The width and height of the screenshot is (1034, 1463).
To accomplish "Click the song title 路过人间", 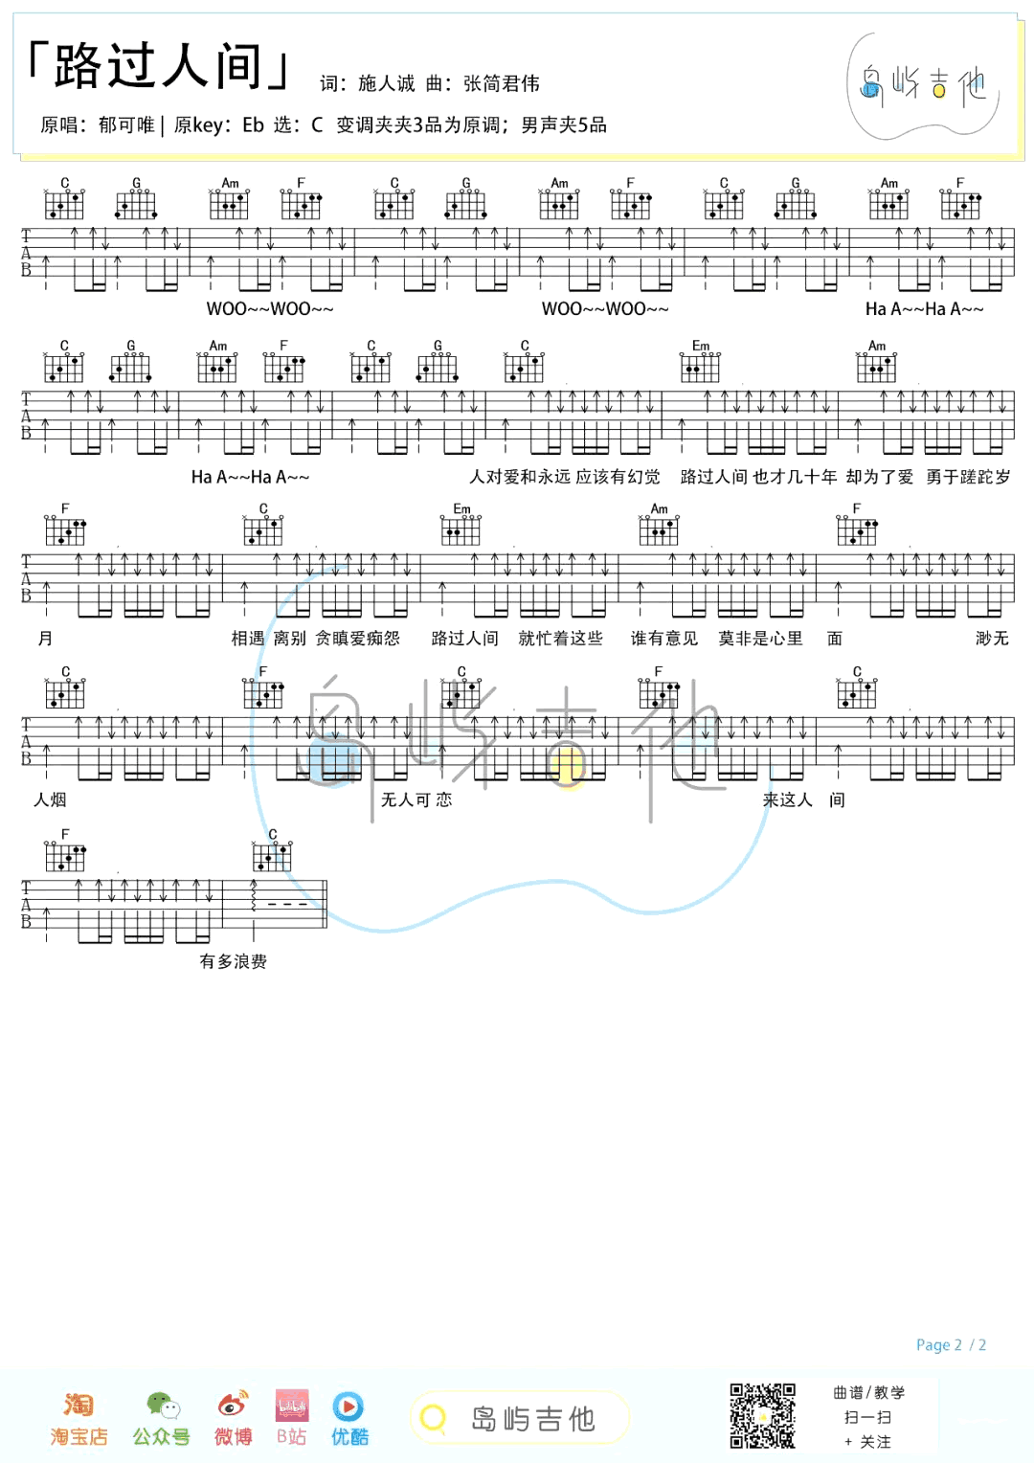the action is click(157, 65).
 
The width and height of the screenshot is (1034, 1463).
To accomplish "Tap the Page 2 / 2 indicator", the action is click(951, 1345).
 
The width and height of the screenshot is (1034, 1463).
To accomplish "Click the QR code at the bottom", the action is click(762, 1416).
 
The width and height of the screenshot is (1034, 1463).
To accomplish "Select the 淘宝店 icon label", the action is click(79, 1436).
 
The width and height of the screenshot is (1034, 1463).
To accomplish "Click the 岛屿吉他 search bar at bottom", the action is click(519, 1418).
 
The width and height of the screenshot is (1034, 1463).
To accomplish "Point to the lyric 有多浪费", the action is click(234, 961).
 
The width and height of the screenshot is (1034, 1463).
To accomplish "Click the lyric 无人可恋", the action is click(416, 799).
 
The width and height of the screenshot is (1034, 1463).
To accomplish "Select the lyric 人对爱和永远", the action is click(520, 477).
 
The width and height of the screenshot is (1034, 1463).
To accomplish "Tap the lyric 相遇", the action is click(248, 638).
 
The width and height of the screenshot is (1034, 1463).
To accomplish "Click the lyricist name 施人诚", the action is click(387, 83).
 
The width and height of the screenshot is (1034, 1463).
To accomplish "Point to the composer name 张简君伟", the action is click(502, 83).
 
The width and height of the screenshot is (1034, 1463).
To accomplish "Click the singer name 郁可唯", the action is click(126, 124).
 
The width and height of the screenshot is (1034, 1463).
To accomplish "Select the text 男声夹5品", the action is click(564, 124).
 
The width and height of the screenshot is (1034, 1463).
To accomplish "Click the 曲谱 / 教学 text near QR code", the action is click(868, 1392).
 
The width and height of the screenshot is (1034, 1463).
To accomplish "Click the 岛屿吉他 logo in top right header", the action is click(923, 85).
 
